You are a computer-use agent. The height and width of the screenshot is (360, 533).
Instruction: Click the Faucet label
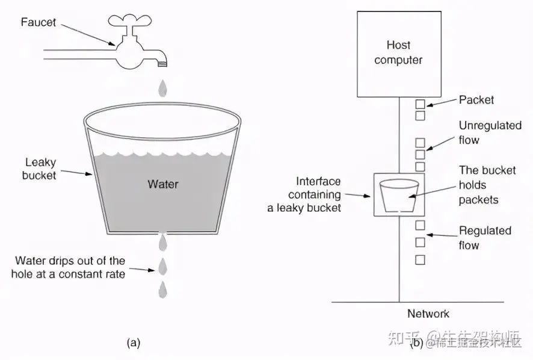[x=38, y=23]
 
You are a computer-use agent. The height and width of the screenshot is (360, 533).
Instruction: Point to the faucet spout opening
[x=161, y=63]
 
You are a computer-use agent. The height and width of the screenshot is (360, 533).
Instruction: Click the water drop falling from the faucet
[x=162, y=89]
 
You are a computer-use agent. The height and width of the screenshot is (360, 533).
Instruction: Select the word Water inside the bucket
[x=163, y=183]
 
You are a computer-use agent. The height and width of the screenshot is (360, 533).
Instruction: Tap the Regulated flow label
[x=485, y=238]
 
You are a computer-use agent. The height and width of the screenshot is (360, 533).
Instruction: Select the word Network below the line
[x=428, y=314]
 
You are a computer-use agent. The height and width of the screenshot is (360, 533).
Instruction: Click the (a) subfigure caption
[x=133, y=343]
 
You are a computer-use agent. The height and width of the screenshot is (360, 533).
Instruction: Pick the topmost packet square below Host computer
[x=420, y=104]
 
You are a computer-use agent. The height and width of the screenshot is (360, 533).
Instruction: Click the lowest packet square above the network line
[x=420, y=259]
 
